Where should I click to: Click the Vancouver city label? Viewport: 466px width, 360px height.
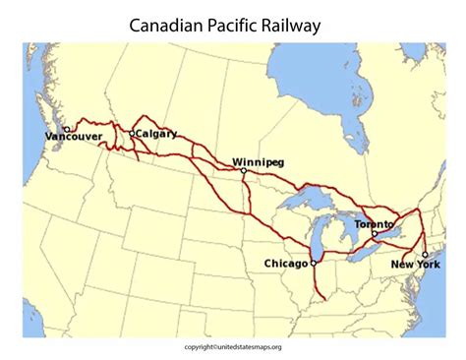(x=74, y=137)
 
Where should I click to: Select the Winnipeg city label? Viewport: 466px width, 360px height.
(x=260, y=160)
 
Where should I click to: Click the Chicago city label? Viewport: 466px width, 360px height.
(x=286, y=264)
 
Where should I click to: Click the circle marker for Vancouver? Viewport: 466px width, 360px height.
(x=66, y=128)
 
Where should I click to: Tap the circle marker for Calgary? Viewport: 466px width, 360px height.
(x=132, y=133)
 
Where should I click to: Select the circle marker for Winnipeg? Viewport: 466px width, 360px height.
(x=244, y=170)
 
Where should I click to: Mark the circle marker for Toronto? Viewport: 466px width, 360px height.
(x=375, y=234)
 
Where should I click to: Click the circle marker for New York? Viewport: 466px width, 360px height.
(x=425, y=255)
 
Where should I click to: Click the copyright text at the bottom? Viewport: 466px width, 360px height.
(x=232, y=346)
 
